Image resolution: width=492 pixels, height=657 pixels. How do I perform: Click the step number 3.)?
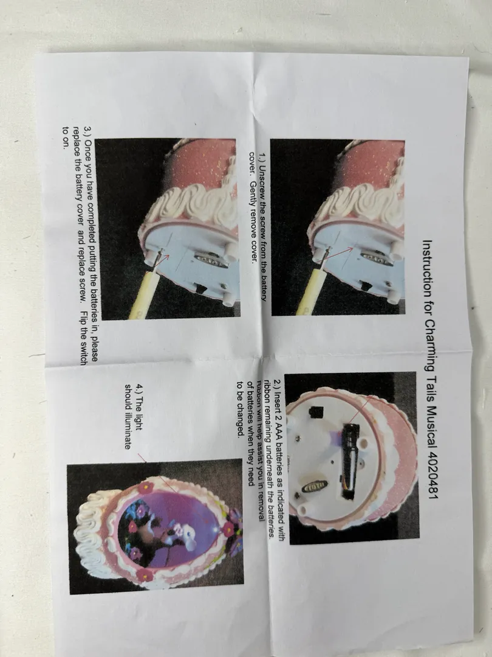(x=89, y=132)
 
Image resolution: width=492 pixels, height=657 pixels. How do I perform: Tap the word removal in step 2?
(x=261, y=507)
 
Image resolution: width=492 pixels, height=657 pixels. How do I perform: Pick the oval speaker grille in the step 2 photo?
(x=315, y=486)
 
